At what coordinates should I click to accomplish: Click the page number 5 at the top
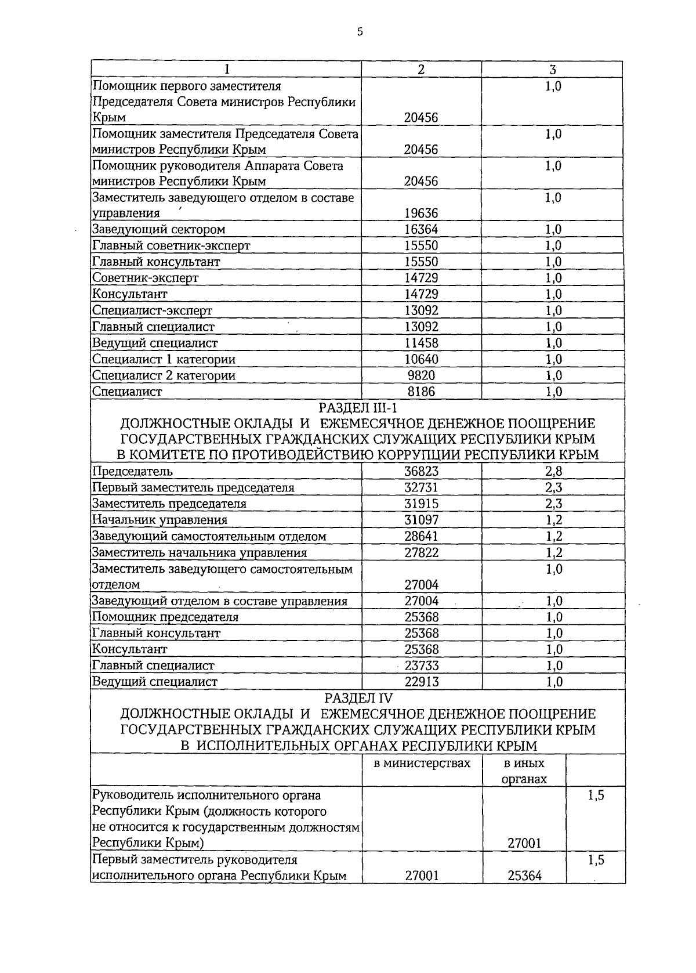360,32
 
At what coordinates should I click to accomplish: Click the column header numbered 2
421,69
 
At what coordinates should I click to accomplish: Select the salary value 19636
421,214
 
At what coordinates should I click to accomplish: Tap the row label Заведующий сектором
159,230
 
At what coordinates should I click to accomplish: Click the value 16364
421,230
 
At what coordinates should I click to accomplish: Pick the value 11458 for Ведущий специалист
421,343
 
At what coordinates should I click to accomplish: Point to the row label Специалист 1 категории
164,360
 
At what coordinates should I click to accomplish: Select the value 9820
421,376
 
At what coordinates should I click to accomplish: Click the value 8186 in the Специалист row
421,392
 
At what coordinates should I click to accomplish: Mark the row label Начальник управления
160,520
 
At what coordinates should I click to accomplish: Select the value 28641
421,537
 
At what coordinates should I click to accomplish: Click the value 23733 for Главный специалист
421,666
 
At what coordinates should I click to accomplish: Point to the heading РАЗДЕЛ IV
358,698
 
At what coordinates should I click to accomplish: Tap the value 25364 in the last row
524,876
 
